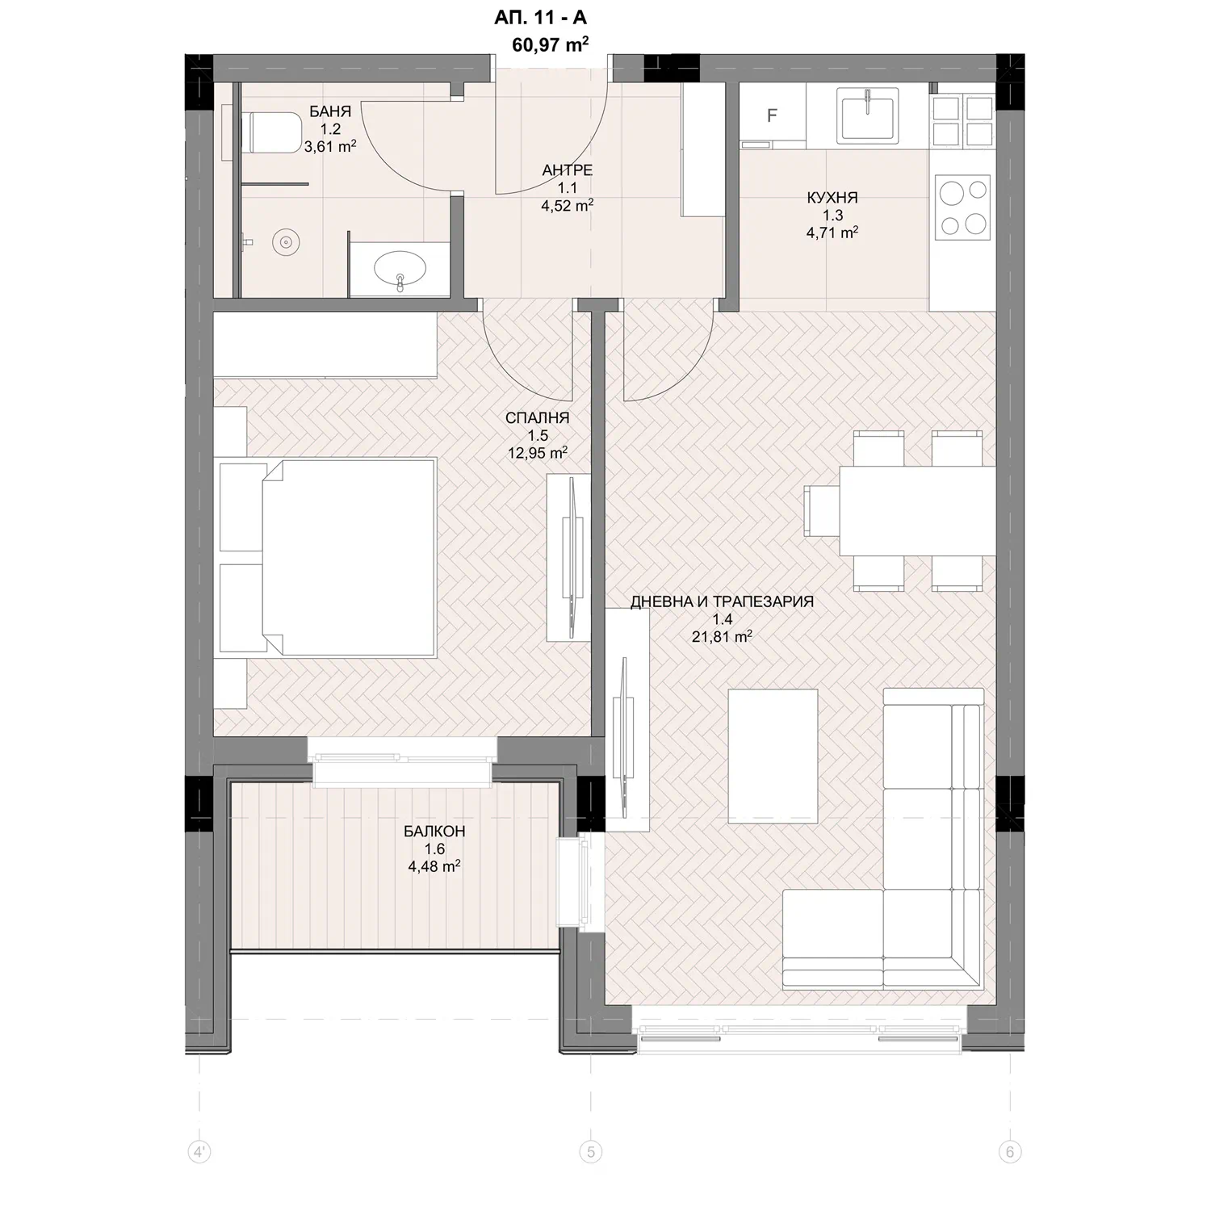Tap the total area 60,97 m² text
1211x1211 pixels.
tap(550, 44)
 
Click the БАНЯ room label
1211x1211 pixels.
tap(330, 111)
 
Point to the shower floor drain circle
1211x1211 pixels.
tap(285, 241)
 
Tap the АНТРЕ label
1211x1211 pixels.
tap(568, 170)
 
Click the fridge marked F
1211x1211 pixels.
tap(773, 115)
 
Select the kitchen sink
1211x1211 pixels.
tap(868, 116)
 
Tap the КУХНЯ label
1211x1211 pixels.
tap(832, 197)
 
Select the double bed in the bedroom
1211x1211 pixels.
tap(327, 556)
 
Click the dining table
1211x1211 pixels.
tap(917, 511)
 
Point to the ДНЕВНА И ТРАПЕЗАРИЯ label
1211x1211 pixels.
tap(722, 601)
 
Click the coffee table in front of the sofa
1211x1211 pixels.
tap(773, 756)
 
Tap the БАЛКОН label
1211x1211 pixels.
tap(434, 832)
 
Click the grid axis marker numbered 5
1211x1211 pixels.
tap(591, 1151)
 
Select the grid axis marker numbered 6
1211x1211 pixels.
tap(1009, 1151)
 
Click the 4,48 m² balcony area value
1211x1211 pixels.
tap(434, 866)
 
